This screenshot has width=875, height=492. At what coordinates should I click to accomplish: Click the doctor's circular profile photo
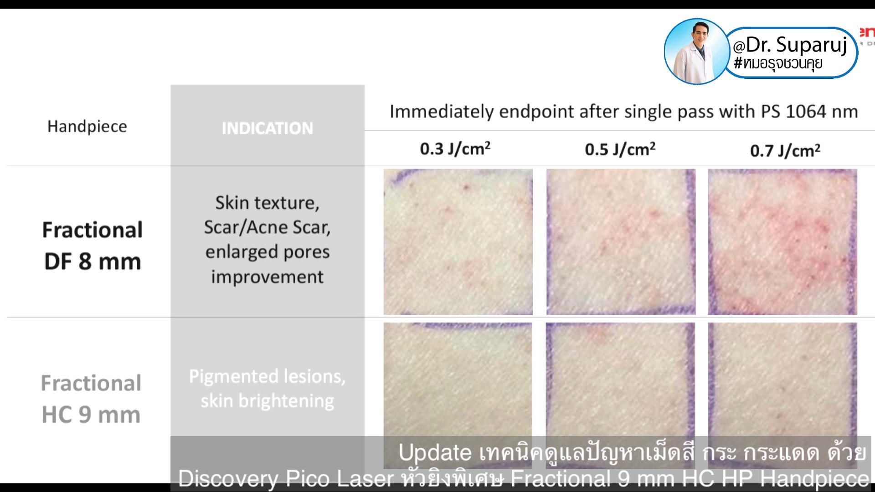(696, 51)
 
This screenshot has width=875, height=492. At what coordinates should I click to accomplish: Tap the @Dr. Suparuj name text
(789, 45)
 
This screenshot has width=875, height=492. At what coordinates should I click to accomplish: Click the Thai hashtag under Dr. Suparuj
(778, 63)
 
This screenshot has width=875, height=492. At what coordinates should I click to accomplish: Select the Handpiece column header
(87, 126)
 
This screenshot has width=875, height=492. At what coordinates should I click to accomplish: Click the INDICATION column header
(268, 128)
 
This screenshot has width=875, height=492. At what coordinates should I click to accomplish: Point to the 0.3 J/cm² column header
(455, 149)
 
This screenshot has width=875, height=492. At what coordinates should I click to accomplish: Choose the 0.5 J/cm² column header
(620, 149)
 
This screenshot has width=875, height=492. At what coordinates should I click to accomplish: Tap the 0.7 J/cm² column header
(785, 150)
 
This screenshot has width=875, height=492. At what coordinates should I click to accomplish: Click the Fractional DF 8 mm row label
(93, 246)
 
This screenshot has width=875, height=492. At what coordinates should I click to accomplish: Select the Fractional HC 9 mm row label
(91, 399)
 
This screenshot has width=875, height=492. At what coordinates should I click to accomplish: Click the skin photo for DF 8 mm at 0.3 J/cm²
(458, 242)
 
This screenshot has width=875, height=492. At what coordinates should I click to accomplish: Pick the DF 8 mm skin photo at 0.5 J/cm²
(621, 242)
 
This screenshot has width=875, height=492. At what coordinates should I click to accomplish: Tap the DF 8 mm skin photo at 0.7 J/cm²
(782, 242)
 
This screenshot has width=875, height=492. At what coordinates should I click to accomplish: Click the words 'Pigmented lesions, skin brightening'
(268, 389)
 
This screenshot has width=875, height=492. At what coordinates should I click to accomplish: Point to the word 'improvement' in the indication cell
(268, 277)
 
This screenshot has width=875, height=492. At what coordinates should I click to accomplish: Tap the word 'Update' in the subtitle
(435, 453)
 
